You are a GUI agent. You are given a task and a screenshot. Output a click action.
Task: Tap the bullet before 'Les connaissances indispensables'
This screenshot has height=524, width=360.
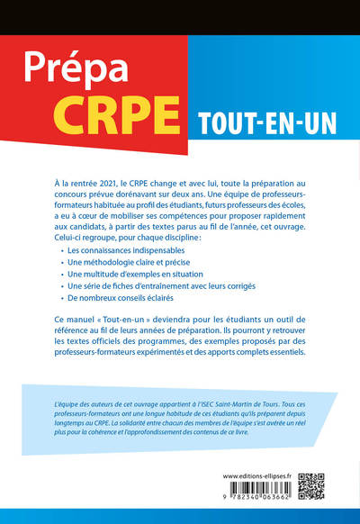[62, 246]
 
